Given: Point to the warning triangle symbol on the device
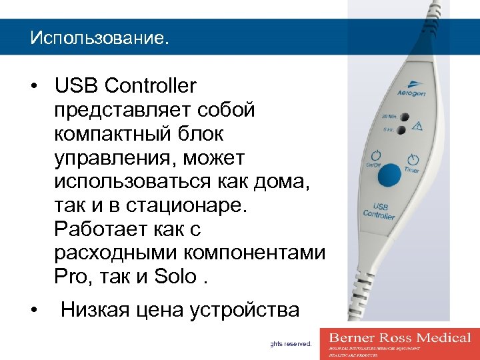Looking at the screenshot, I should pos(417,125).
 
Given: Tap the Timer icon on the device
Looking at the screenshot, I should pos(413,160).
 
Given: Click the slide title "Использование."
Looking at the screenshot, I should pos(99,37).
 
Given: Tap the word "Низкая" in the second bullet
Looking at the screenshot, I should pos(98,309).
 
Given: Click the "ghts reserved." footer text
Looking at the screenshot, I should pos(289,344).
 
